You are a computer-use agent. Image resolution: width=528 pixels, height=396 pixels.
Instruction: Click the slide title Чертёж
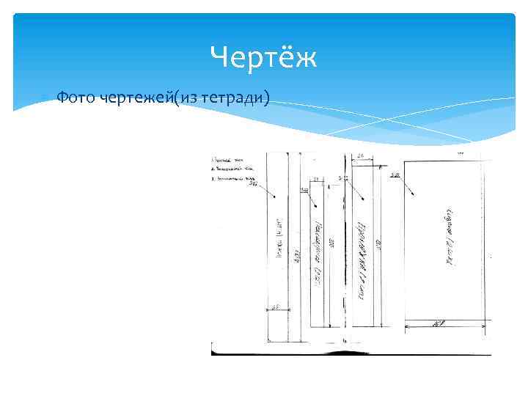[263, 56]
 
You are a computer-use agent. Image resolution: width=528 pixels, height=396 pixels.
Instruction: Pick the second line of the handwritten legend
[233, 168]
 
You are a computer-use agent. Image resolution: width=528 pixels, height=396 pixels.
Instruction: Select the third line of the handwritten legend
[235, 178]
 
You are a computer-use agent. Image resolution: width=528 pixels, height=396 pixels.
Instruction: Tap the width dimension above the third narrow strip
[362, 156]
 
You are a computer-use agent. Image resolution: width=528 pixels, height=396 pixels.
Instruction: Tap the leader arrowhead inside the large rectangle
[415, 194]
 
